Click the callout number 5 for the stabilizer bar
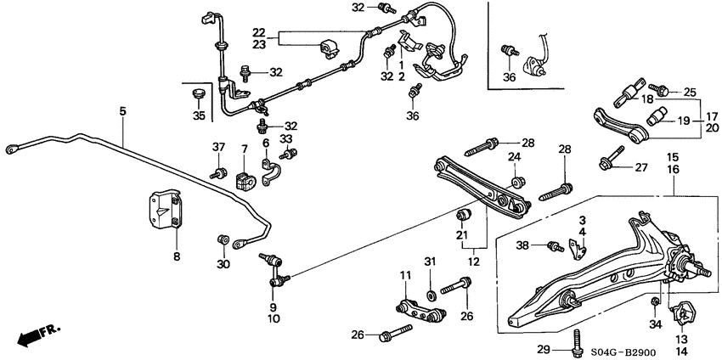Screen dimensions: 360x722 click(122, 111)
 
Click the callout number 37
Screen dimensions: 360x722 click(217, 148)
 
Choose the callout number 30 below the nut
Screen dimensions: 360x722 click(223, 265)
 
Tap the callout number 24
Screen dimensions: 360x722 click(514, 156)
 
